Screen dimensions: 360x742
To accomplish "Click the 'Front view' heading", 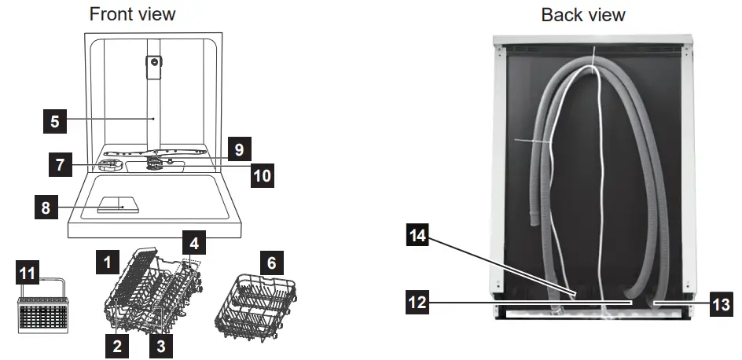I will (132, 14).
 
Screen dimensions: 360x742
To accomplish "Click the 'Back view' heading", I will (583, 14).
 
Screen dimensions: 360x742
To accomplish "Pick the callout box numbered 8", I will (47, 208).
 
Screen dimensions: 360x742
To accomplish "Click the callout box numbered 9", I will (240, 148).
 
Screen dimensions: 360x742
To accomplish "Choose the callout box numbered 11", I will (27, 274).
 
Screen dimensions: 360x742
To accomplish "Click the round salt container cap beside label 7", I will (110, 165).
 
